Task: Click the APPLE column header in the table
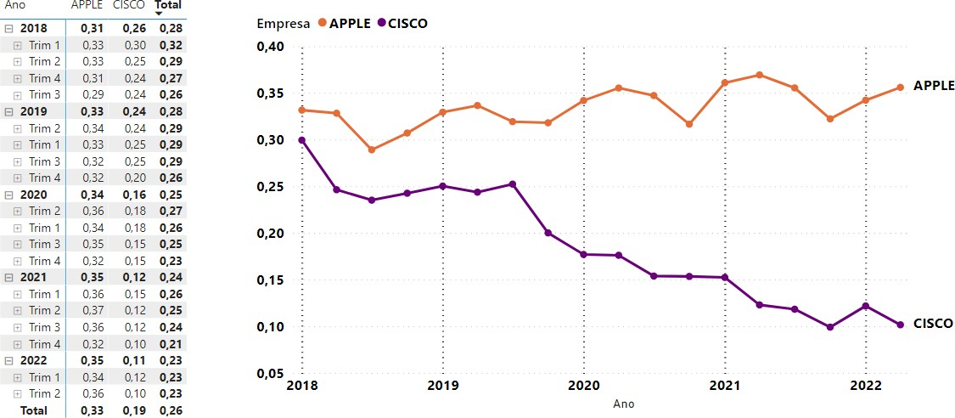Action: [x=87, y=5]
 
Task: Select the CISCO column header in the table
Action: [x=129, y=5]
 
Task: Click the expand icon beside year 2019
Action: [x=8, y=111]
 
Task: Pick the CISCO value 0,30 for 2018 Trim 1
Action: [x=136, y=45]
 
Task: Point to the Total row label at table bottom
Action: [x=34, y=410]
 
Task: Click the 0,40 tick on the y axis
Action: [x=269, y=47]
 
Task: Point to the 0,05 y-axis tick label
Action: [x=269, y=374]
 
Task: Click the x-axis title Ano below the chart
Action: [x=624, y=404]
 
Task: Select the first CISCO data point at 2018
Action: [x=301, y=140]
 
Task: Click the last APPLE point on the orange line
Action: [x=901, y=87]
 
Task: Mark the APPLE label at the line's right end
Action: [x=934, y=86]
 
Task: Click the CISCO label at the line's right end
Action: [x=933, y=324]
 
